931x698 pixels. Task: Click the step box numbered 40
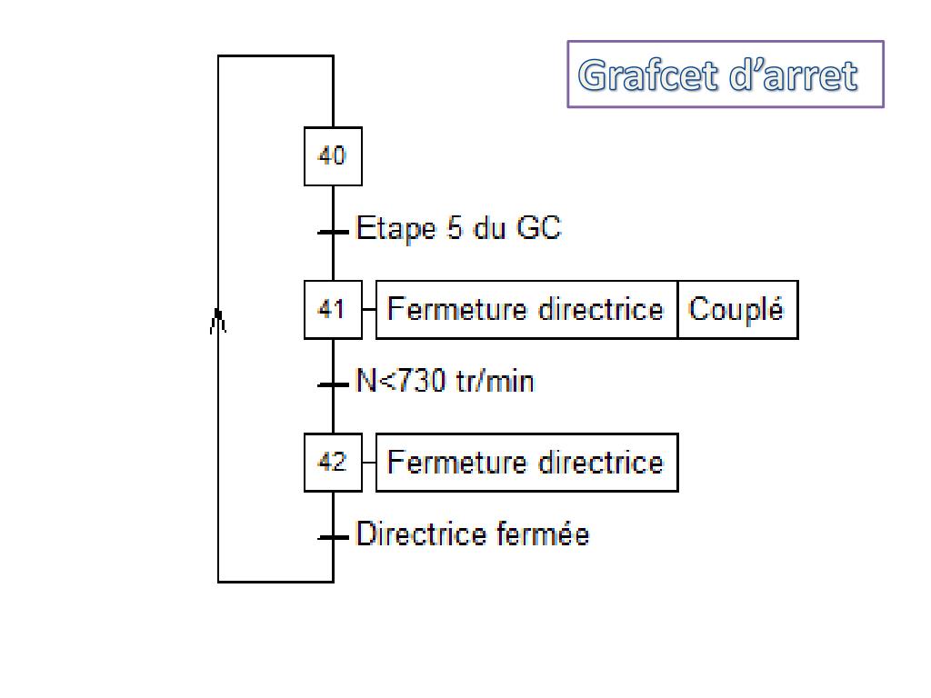pos(333,156)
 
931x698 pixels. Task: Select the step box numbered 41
pos(333,310)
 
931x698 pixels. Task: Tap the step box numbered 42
pos(333,463)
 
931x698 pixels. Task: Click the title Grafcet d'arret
pos(718,75)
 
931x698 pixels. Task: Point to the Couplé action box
pos(736,310)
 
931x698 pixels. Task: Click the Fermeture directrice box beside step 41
pos(526,310)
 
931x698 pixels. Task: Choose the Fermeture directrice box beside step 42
pos(526,463)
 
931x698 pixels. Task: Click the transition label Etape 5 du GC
pos(458,228)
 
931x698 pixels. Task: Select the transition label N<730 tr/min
pos(445,381)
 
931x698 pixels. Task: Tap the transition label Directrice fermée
pos(472,533)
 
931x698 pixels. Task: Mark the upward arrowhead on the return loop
pos(218,319)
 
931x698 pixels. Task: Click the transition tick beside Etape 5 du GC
pos(333,232)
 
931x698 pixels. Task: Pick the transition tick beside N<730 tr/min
pos(333,384)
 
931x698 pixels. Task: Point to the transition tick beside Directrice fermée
pos(333,537)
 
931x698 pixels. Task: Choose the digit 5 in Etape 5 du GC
pos(455,228)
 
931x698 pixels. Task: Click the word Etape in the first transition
pos(395,228)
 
